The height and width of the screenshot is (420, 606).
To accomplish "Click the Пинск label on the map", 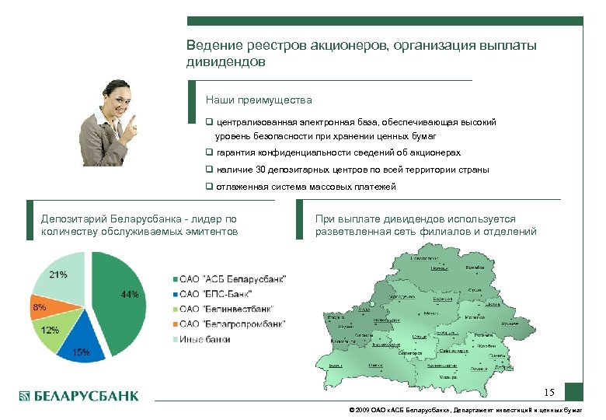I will point(375,364).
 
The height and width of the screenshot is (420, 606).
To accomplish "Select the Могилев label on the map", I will point(475,317).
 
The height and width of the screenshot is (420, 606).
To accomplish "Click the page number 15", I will point(549,391).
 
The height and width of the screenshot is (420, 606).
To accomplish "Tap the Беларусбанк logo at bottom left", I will point(78,396).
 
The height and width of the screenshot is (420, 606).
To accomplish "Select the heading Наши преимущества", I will point(259,100).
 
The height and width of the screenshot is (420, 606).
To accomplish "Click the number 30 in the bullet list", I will point(262,170).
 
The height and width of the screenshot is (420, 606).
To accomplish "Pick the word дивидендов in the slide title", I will point(225,61).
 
